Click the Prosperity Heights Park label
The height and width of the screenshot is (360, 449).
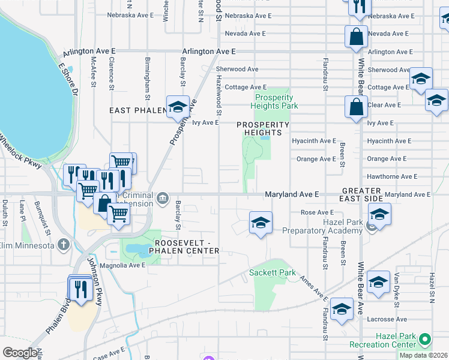(x=276, y=101)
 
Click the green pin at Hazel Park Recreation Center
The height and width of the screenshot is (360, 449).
(x=424, y=340)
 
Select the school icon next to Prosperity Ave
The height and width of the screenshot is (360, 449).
(x=177, y=107)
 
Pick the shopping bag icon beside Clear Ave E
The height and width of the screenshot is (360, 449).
(x=356, y=107)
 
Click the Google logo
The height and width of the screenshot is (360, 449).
(x=20, y=353)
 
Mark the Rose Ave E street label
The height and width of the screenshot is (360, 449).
(x=317, y=212)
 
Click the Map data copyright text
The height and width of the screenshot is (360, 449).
(x=424, y=355)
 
